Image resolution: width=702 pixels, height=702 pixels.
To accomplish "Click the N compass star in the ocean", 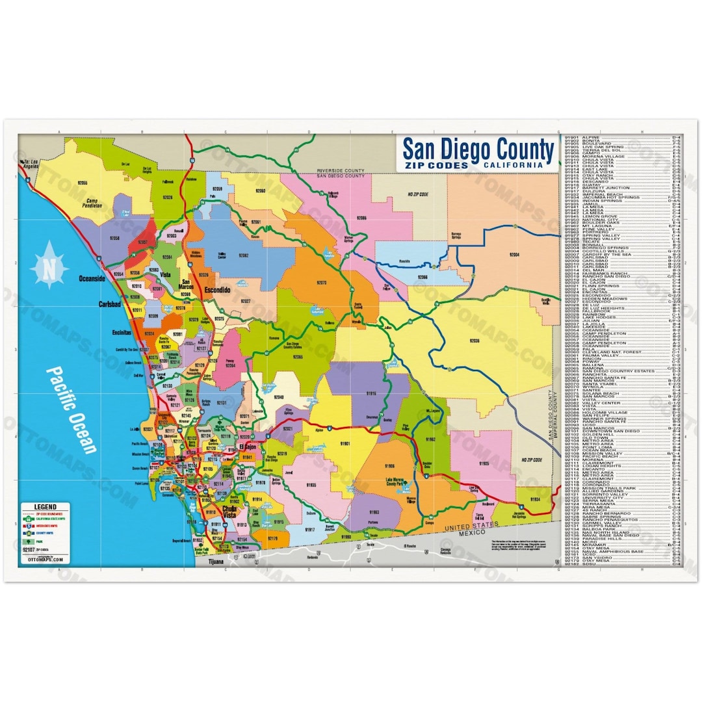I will pos(49,269).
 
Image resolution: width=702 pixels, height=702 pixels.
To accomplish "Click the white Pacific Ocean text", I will pos(72,409).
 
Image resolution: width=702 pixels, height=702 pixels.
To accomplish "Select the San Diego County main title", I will pos(478,149).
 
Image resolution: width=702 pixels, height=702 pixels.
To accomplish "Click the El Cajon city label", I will pos(248,447).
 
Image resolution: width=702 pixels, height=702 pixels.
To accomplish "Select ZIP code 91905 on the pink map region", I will pos(484,464).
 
